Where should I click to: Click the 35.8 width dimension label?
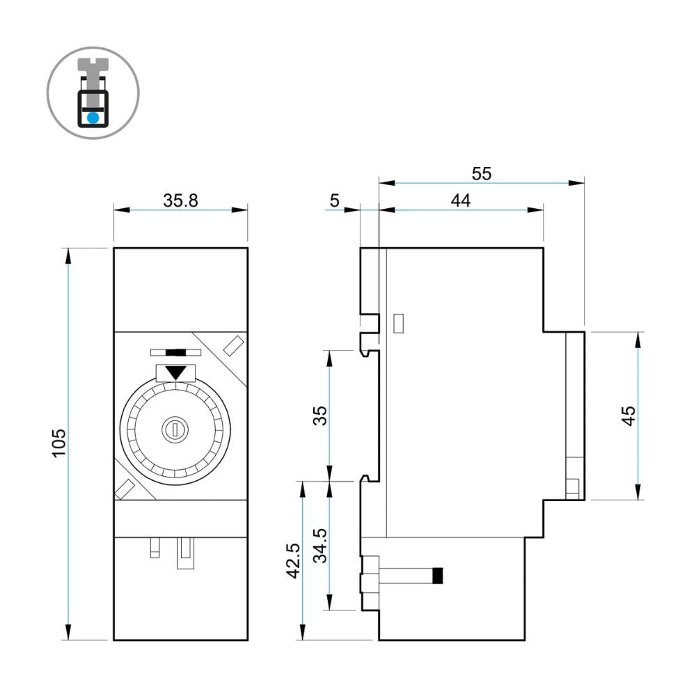pyautogui.click(x=181, y=201)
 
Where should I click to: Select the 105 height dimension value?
pyautogui.click(x=59, y=443)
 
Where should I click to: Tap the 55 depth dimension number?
pyautogui.click(x=481, y=173)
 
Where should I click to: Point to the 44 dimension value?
pyautogui.click(x=460, y=200)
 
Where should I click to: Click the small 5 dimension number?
pyautogui.click(x=334, y=201)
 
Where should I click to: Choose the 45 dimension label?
pyautogui.click(x=628, y=416)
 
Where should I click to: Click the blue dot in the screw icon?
pyautogui.click(x=93, y=118)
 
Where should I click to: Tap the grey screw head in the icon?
pyautogui.click(x=93, y=65)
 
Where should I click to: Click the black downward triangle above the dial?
pyautogui.click(x=177, y=372)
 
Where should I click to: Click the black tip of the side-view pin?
pyautogui.click(x=438, y=576)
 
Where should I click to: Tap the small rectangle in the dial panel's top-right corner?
pyautogui.click(x=232, y=345)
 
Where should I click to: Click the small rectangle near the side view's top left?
pyautogui.click(x=399, y=324)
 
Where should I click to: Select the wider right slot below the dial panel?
pyautogui.click(x=185, y=553)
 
